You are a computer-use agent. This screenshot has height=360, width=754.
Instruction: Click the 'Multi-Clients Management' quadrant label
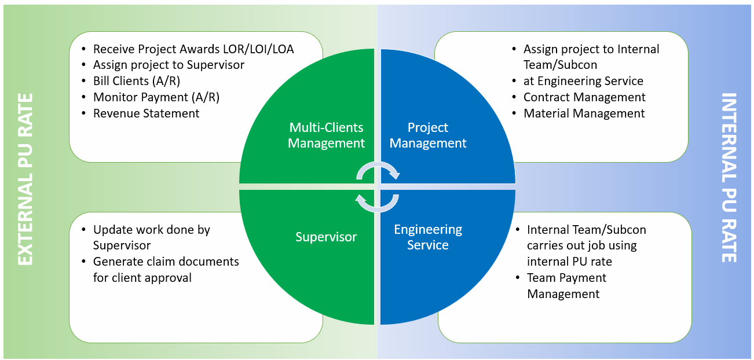coord(326,135)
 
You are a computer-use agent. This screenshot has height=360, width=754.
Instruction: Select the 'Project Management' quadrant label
coord(428,135)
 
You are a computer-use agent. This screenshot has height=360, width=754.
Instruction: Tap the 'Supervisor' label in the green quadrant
coord(326,237)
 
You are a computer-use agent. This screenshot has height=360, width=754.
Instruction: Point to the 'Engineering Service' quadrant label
coord(428,237)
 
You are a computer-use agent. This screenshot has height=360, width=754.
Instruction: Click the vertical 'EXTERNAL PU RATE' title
coord(25,179)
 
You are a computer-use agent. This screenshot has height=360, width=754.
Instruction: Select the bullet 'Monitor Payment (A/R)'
coord(156,97)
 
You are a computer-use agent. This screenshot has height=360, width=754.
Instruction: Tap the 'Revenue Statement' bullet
coord(146,113)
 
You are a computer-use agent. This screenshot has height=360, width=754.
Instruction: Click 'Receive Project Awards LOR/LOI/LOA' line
coord(193,49)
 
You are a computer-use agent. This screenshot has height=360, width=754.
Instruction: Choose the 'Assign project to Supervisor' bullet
coord(169,65)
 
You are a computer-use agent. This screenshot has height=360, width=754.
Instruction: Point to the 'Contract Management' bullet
coord(584,97)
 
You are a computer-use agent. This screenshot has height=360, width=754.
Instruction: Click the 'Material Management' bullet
coord(584,113)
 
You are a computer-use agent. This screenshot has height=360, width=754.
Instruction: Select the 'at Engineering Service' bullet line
coord(583,81)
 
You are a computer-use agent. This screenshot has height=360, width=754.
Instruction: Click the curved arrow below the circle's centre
coord(377,202)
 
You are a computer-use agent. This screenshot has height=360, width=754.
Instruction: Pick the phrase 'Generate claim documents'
coord(166,262)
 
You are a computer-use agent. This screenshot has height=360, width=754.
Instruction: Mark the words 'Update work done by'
coord(151,230)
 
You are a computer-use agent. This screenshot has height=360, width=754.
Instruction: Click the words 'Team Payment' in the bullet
coord(566,278)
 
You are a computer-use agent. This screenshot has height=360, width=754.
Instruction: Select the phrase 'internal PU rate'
coord(569,262)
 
